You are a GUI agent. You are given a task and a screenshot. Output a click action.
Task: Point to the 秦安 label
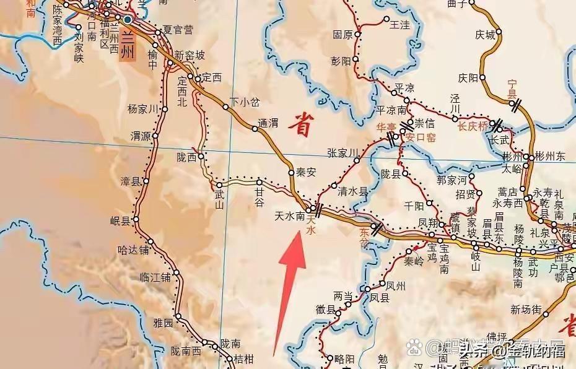(307, 173)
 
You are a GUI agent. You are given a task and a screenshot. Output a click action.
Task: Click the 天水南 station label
(289, 216)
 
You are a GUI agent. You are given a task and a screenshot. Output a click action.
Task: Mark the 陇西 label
(186, 157)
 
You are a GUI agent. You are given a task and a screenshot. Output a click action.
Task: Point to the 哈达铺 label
(134, 250)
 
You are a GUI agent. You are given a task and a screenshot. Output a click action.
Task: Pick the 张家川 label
(343, 152)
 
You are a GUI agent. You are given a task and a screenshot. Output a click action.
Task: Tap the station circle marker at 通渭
(255, 129)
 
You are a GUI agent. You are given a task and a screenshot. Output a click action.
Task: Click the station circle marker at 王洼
(387, 19)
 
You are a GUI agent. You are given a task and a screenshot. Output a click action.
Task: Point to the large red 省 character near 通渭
(302, 124)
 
